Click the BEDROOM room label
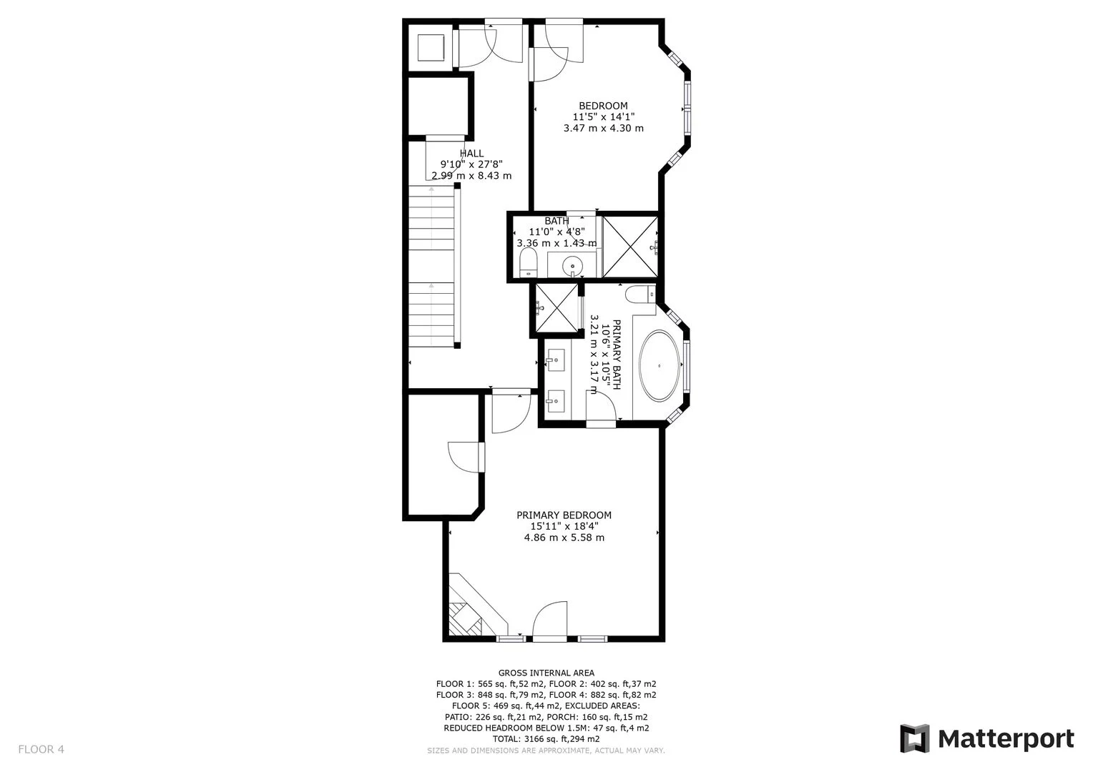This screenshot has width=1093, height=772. (x=603, y=106)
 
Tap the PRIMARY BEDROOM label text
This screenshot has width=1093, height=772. (x=564, y=515)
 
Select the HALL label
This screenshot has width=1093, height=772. (x=471, y=153)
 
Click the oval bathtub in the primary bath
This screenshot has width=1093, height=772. (x=660, y=366)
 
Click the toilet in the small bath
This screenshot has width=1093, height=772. (x=528, y=262)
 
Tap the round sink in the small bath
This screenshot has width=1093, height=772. (x=572, y=267)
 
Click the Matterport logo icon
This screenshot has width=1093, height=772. (x=914, y=739)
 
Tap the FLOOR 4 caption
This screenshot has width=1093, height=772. (x=41, y=749)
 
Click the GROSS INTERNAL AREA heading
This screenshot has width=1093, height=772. (x=546, y=673)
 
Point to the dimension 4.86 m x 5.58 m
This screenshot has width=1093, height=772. (x=564, y=538)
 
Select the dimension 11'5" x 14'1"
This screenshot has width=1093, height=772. (x=604, y=117)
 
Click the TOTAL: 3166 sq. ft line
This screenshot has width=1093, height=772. (x=546, y=739)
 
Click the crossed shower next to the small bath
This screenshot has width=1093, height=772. (x=630, y=247)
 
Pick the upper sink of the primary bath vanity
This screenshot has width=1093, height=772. (x=555, y=360)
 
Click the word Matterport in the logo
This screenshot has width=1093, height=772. (x=1006, y=740)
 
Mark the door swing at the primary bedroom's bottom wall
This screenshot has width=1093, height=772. (x=550, y=619)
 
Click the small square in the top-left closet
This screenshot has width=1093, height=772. (x=431, y=47)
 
